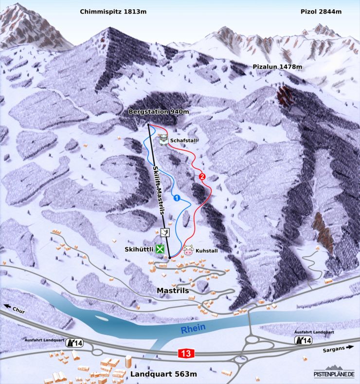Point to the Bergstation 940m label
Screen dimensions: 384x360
(159, 112)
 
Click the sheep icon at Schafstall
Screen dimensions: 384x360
(163, 141)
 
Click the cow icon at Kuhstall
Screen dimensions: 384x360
(188, 251)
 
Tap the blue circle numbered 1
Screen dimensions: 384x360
(191, 198)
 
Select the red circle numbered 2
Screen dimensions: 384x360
(202, 176)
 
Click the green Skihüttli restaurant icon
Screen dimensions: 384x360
(160, 249)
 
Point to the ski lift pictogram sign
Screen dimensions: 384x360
(165, 232)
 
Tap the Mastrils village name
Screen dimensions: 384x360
(173, 291)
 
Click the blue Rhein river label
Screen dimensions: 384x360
(193, 329)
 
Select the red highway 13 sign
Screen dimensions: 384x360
(185, 354)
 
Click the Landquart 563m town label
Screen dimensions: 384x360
(163, 374)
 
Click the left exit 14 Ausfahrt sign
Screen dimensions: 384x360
(75, 343)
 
